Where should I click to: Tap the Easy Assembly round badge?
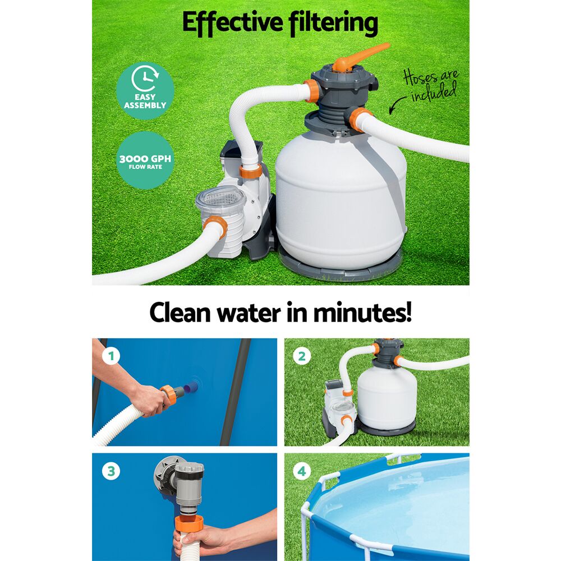pyautogui.click(x=145, y=90)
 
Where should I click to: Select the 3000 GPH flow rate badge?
pyautogui.click(x=145, y=159)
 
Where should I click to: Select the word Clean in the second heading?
pyautogui.click(x=183, y=313)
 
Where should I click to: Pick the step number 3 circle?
pyautogui.click(x=111, y=471)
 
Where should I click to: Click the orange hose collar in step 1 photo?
pyautogui.click(x=168, y=394)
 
